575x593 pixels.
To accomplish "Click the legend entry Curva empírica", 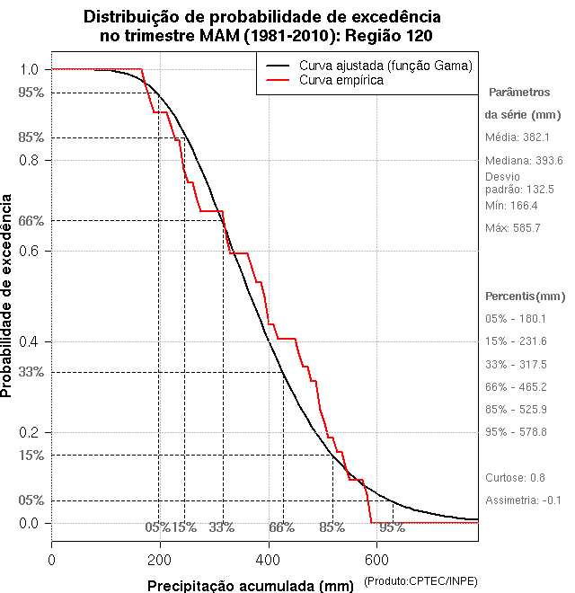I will coord(341,80).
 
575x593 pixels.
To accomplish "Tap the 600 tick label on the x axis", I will coord(376,559).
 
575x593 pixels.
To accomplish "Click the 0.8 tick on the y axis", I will coord(30,160).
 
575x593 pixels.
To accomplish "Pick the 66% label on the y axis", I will coord(30,220).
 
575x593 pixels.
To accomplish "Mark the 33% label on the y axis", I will coord(30,371).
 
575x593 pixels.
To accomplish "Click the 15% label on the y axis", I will coord(30,455).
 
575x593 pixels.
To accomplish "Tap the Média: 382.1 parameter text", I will coord(517,137).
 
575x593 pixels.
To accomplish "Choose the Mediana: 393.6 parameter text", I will coord(524,160).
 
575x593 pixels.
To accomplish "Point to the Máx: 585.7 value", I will coord(513,228).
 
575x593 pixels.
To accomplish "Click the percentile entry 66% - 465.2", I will coord(516,387).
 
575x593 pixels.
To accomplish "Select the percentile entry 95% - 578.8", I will coord(516,432).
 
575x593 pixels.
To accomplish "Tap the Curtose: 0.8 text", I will coord(516,477).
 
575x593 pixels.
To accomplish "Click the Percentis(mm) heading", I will coord(526,296).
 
